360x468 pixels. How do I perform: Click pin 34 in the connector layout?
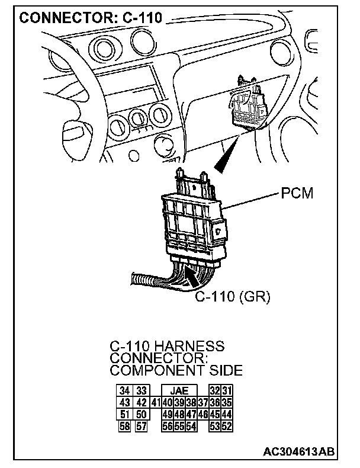[125, 391]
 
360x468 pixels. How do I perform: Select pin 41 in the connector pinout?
[156, 402]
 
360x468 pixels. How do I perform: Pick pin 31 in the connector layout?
[227, 391]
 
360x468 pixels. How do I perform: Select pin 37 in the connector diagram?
[203, 402]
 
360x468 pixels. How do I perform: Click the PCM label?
[297, 194]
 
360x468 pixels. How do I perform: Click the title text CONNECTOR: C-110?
[92, 18]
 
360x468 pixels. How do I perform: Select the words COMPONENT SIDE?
[176, 371]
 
